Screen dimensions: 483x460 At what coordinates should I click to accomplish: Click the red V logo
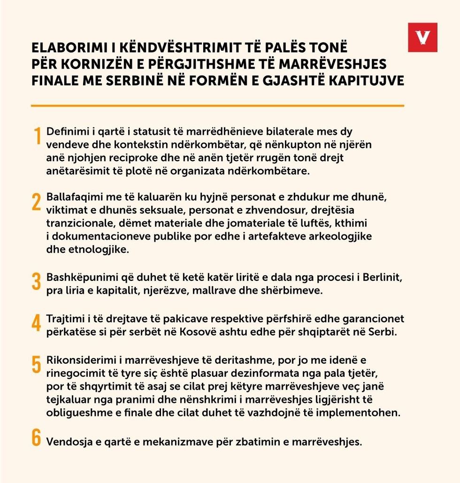point(422,37)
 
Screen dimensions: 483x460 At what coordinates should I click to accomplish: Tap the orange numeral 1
point(37,137)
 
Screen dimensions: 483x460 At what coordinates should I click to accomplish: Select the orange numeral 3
point(37,282)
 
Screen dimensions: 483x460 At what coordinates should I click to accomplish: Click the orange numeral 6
point(37,437)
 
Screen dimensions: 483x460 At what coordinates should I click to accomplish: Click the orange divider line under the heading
point(217,106)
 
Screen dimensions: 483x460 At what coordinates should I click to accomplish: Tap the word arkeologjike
point(343,236)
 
